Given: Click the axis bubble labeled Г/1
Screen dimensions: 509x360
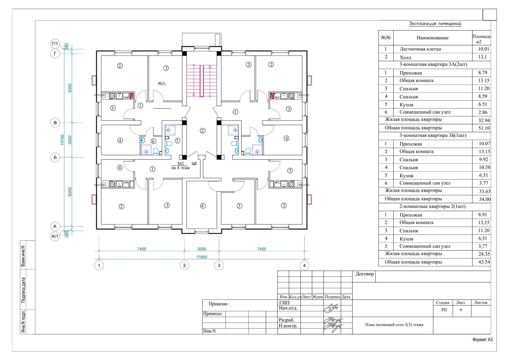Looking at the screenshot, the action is (x=55, y=44).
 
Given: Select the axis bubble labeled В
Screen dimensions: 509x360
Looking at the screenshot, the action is (x=55, y=123).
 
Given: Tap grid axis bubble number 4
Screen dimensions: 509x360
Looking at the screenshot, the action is (x=304, y=265).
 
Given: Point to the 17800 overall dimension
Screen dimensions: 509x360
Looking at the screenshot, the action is (x=202, y=257).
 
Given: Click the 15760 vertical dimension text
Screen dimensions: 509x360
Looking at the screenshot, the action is (x=62, y=140).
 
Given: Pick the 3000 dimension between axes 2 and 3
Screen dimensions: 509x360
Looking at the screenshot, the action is (x=202, y=249).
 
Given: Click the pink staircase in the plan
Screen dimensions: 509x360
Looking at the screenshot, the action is (x=202, y=81).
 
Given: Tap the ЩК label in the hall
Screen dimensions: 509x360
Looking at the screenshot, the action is (x=194, y=164).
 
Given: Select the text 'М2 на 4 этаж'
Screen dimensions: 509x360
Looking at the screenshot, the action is (x=180, y=166).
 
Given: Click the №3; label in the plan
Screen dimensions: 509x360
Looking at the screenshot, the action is (x=162, y=83).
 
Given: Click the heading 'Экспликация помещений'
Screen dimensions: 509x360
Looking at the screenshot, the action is (x=435, y=24).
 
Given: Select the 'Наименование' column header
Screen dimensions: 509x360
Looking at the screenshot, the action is (x=432, y=38).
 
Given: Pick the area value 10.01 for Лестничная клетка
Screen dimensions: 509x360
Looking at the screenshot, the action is (x=483, y=49).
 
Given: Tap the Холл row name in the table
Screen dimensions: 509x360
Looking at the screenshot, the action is (x=405, y=57).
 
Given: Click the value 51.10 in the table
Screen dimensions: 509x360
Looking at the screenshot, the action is (x=484, y=128).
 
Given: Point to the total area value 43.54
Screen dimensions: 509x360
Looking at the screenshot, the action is (x=484, y=262).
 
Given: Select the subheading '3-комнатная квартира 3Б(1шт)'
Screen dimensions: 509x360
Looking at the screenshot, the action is (x=433, y=135).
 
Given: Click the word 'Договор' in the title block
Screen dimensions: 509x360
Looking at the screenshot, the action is (x=365, y=274).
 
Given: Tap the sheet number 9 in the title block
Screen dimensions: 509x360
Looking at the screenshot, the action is (x=461, y=310).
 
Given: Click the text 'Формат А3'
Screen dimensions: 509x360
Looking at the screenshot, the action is (x=483, y=340).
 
